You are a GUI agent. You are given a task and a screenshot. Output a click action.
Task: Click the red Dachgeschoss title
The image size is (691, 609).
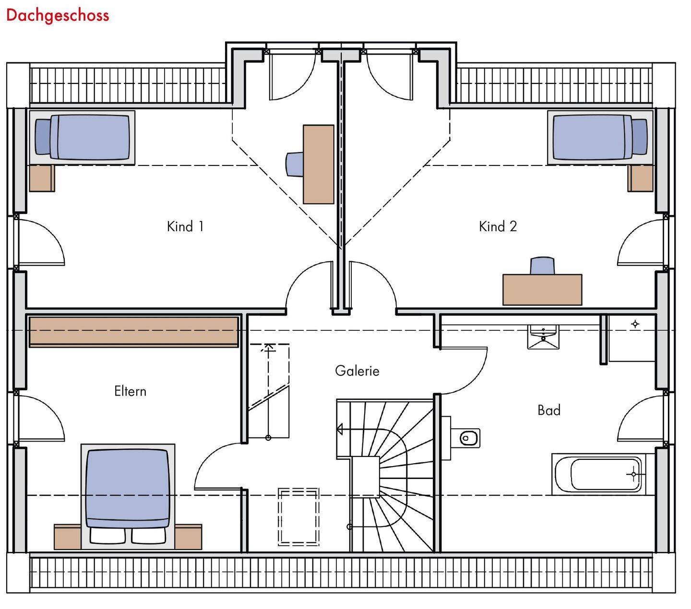58,15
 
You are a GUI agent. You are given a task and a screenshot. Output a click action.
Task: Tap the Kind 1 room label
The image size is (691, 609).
185,226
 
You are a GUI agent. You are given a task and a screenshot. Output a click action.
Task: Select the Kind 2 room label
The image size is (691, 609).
498,226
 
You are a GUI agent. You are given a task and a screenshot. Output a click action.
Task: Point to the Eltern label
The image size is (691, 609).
130,391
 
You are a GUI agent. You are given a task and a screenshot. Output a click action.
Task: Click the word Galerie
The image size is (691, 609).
357,371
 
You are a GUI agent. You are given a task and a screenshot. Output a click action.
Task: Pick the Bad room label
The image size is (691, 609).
549,410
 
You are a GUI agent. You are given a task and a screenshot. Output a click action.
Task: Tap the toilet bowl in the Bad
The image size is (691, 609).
468,437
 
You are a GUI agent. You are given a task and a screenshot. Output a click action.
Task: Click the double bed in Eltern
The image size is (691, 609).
128,494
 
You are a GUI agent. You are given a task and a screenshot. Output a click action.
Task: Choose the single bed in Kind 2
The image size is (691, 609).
600,137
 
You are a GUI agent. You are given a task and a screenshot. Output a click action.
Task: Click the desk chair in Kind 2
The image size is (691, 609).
542,266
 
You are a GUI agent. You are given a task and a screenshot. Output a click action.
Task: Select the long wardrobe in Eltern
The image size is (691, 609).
134,331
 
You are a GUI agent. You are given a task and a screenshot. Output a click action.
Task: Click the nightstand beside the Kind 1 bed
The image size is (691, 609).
42,178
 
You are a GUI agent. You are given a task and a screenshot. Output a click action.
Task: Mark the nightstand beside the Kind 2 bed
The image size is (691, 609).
640,178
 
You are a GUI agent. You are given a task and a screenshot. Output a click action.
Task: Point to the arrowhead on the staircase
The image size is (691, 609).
340,429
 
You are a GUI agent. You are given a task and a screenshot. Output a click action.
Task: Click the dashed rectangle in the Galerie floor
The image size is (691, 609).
298,516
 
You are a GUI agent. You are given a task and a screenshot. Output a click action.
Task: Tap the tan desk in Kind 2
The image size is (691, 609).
542,290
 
